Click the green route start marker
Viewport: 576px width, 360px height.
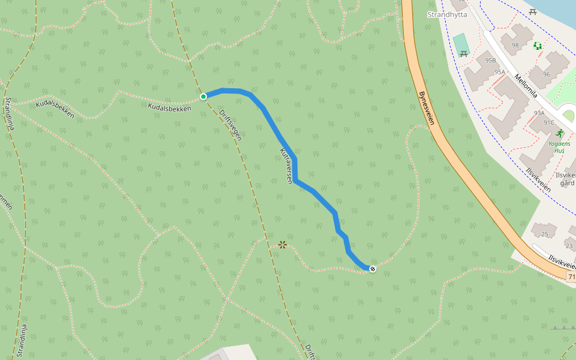coord(203,96)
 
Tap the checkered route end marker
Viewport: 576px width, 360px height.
coord(373,269)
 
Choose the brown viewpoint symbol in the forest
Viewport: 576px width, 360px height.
coord(283,244)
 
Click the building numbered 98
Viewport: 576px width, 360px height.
coord(515,45)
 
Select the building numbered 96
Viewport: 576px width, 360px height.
coord(546,74)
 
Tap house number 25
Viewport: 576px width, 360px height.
coord(544,234)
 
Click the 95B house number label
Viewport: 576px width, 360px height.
coord(491,61)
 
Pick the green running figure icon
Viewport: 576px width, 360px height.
coord(559,133)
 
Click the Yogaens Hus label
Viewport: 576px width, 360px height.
coord(559,147)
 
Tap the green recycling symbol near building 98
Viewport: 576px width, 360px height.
coord(538,46)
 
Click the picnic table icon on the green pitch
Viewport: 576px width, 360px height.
coord(463,54)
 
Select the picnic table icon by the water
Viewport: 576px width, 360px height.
coord(533,11)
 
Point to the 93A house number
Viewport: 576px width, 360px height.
coord(539,113)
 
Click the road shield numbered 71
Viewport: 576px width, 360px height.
coord(571,275)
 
